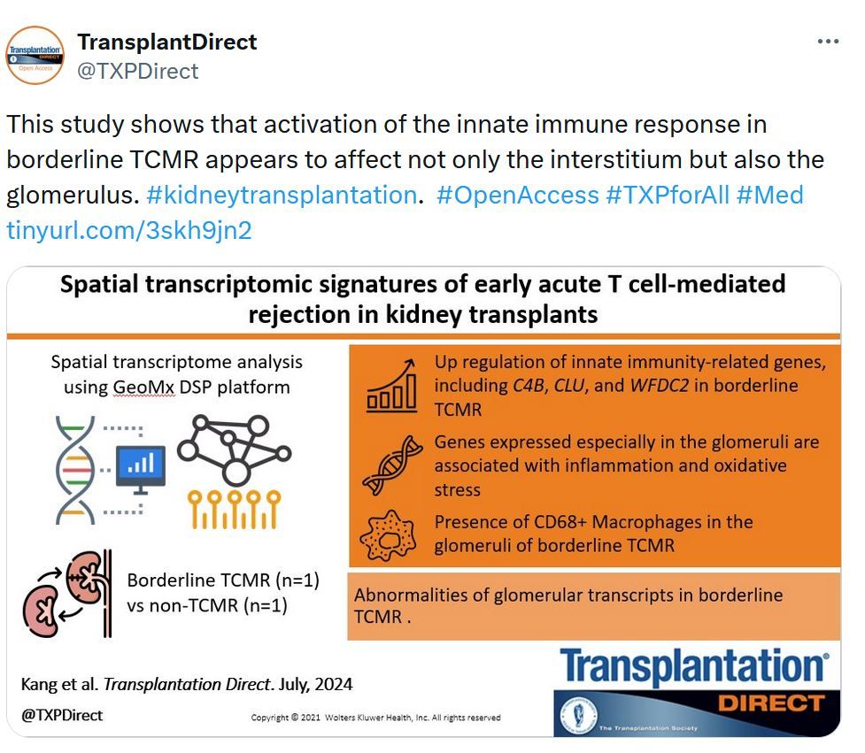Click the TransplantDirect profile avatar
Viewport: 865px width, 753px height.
point(35,55)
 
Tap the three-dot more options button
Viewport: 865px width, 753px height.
point(828,42)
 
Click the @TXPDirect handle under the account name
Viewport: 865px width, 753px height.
point(138,71)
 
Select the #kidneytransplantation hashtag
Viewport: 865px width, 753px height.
point(282,196)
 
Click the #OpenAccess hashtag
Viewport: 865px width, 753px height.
point(517,196)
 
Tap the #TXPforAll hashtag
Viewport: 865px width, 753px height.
point(668,196)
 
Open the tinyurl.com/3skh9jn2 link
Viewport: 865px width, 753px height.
point(129,230)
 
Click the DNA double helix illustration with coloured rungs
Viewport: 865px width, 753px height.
point(75,470)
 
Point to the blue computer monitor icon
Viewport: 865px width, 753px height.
point(141,469)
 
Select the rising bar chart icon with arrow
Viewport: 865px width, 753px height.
point(391,385)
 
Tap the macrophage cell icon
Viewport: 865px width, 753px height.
point(388,535)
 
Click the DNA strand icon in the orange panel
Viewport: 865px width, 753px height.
point(392,465)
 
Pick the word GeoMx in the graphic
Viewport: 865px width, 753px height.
point(143,387)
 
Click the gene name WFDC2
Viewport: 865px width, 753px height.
point(660,385)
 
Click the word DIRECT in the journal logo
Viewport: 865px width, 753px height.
point(771,703)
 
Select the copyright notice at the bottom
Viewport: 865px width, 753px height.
point(375,718)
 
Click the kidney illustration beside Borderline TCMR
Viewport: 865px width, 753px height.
point(67,594)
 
